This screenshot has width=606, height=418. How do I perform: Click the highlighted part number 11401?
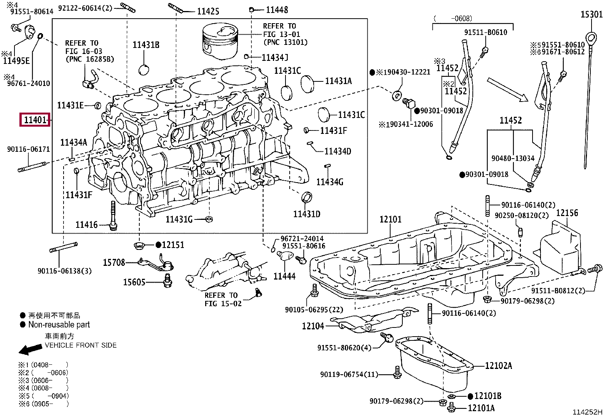pos(35,119)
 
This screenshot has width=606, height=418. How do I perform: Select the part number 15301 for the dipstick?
pos(592,14)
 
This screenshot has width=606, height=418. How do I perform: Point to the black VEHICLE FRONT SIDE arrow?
pos(30,350)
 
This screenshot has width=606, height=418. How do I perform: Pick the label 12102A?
pos(498,366)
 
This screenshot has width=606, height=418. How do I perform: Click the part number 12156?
pos(567,213)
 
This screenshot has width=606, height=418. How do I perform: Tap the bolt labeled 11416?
pos(113,216)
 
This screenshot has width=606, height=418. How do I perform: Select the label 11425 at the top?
pos(208,11)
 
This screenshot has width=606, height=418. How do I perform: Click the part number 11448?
pos(277,10)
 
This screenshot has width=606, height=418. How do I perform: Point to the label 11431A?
pos(338,81)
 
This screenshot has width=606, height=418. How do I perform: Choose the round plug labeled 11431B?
pos(144,70)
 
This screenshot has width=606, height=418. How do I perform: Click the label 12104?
pos(313,326)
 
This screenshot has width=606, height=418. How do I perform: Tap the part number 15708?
pos(114,262)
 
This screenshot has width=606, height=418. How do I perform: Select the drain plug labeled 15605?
pos(168,281)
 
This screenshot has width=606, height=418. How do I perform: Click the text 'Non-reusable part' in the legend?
pos(59,324)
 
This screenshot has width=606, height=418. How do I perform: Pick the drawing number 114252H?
pos(587,412)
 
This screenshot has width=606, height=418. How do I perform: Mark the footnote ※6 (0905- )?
pos(43,404)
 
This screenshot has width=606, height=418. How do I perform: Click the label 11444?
pos(284,276)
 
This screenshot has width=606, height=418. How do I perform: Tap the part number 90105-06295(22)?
pos(314,309)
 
